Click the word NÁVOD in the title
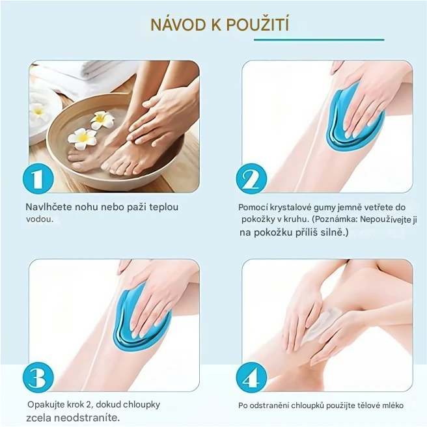pyautogui.click(x=178, y=25)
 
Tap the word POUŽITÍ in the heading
pyautogui.click(x=257, y=24)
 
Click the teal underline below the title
pyautogui.click(x=319, y=40)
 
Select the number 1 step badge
pyautogui.click(x=38, y=178)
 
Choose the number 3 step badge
pyautogui.click(x=38, y=378)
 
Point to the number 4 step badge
pyautogui.click(x=251, y=378)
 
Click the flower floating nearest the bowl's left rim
pyautogui.click(x=82, y=139)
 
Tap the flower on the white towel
pyautogui.click(x=38, y=110)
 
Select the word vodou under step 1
pyautogui.click(x=40, y=219)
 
